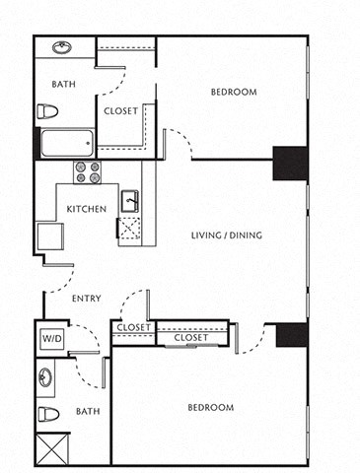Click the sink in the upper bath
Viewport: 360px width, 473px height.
tap(61, 47)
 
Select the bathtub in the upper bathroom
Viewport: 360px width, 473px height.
tap(66, 145)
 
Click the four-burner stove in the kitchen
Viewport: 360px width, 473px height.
tap(88, 172)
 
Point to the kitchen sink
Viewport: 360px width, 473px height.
tap(129, 203)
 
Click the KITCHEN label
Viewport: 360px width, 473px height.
tap(87, 209)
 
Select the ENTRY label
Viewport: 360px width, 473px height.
tap(87, 298)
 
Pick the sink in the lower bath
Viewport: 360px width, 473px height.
tap(46, 375)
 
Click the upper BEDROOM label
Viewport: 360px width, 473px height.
tap(234, 93)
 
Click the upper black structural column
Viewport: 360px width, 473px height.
tap(290, 163)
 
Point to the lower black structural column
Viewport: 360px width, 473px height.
tap(292, 335)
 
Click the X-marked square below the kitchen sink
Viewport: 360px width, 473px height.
tap(129, 230)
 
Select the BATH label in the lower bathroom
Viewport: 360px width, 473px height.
tap(88, 412)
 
